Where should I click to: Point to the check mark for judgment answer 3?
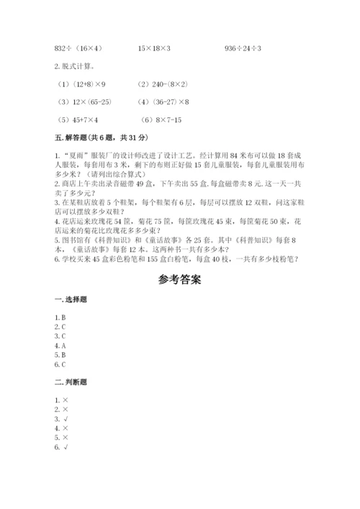67,418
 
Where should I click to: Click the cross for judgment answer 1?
67,399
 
